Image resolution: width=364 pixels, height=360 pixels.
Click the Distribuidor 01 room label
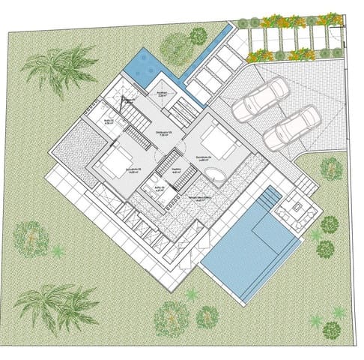[x=164, y=133]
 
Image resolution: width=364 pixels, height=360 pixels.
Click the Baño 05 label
[x=159, y=189]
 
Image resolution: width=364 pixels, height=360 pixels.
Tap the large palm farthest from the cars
[x=52, y=304]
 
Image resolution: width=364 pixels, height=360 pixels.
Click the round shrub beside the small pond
[x=198, y=35]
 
